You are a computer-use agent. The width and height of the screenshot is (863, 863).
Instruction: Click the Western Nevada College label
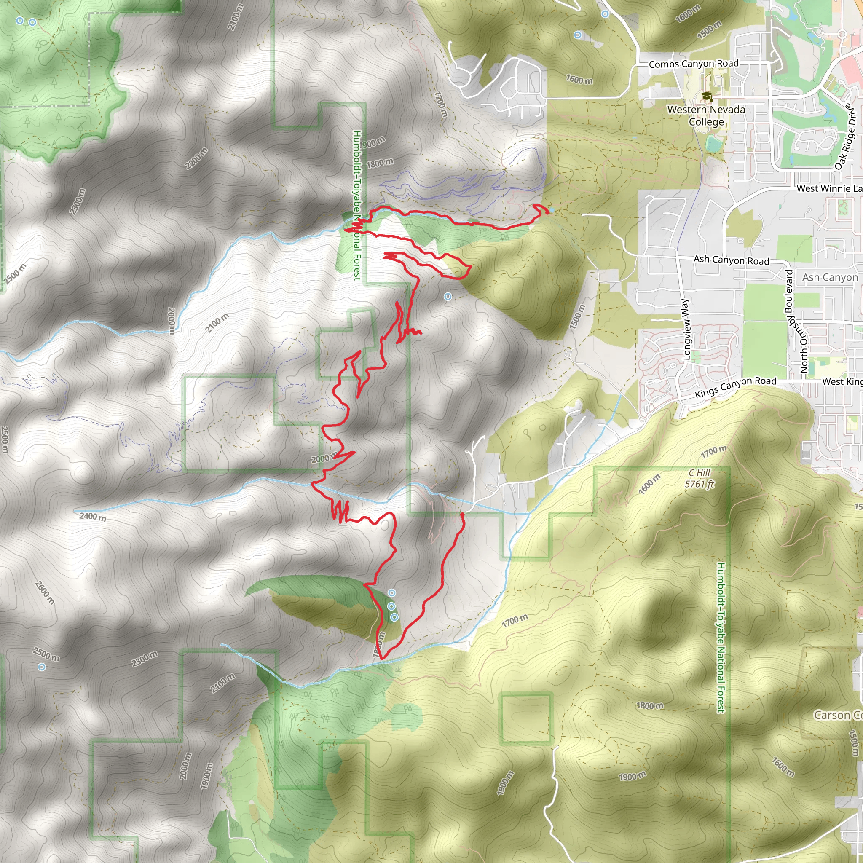[x=706, y=116]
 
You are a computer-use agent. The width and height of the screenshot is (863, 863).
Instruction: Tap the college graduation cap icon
[x=706, y=96]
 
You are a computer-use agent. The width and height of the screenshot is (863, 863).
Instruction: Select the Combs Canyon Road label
[x=693, y=64]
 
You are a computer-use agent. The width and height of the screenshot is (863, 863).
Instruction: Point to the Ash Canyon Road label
[x=731, y=260]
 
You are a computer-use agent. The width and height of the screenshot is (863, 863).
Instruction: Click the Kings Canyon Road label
[x=736, y=387]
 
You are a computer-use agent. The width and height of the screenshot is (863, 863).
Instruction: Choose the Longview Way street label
[x=686, y=329]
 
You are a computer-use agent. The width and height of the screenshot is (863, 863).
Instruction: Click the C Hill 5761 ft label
[x=700, y=478]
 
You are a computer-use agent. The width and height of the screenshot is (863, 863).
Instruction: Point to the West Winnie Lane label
[x=829, y=188]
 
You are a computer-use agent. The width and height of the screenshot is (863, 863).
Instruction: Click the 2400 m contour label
[x=93, y=517]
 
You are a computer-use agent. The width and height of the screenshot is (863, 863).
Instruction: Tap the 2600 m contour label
[x=45, y=593]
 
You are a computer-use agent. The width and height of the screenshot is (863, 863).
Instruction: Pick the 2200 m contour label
[x=196, y=158]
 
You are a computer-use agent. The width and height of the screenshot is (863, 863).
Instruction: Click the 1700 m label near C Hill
[x=713, y=452]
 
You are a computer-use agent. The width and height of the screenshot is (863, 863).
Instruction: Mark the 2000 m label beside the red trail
[x=324, y=459]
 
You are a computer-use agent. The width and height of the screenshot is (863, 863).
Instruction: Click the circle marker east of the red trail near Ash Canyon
[x=448, y=297]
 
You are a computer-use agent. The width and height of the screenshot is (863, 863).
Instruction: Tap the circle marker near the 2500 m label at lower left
[x=42, y=667]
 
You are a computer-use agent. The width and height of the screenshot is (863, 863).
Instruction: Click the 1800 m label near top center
[x=380, y=163]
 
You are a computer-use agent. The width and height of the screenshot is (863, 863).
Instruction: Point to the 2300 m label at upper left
[x=77, y=201]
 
